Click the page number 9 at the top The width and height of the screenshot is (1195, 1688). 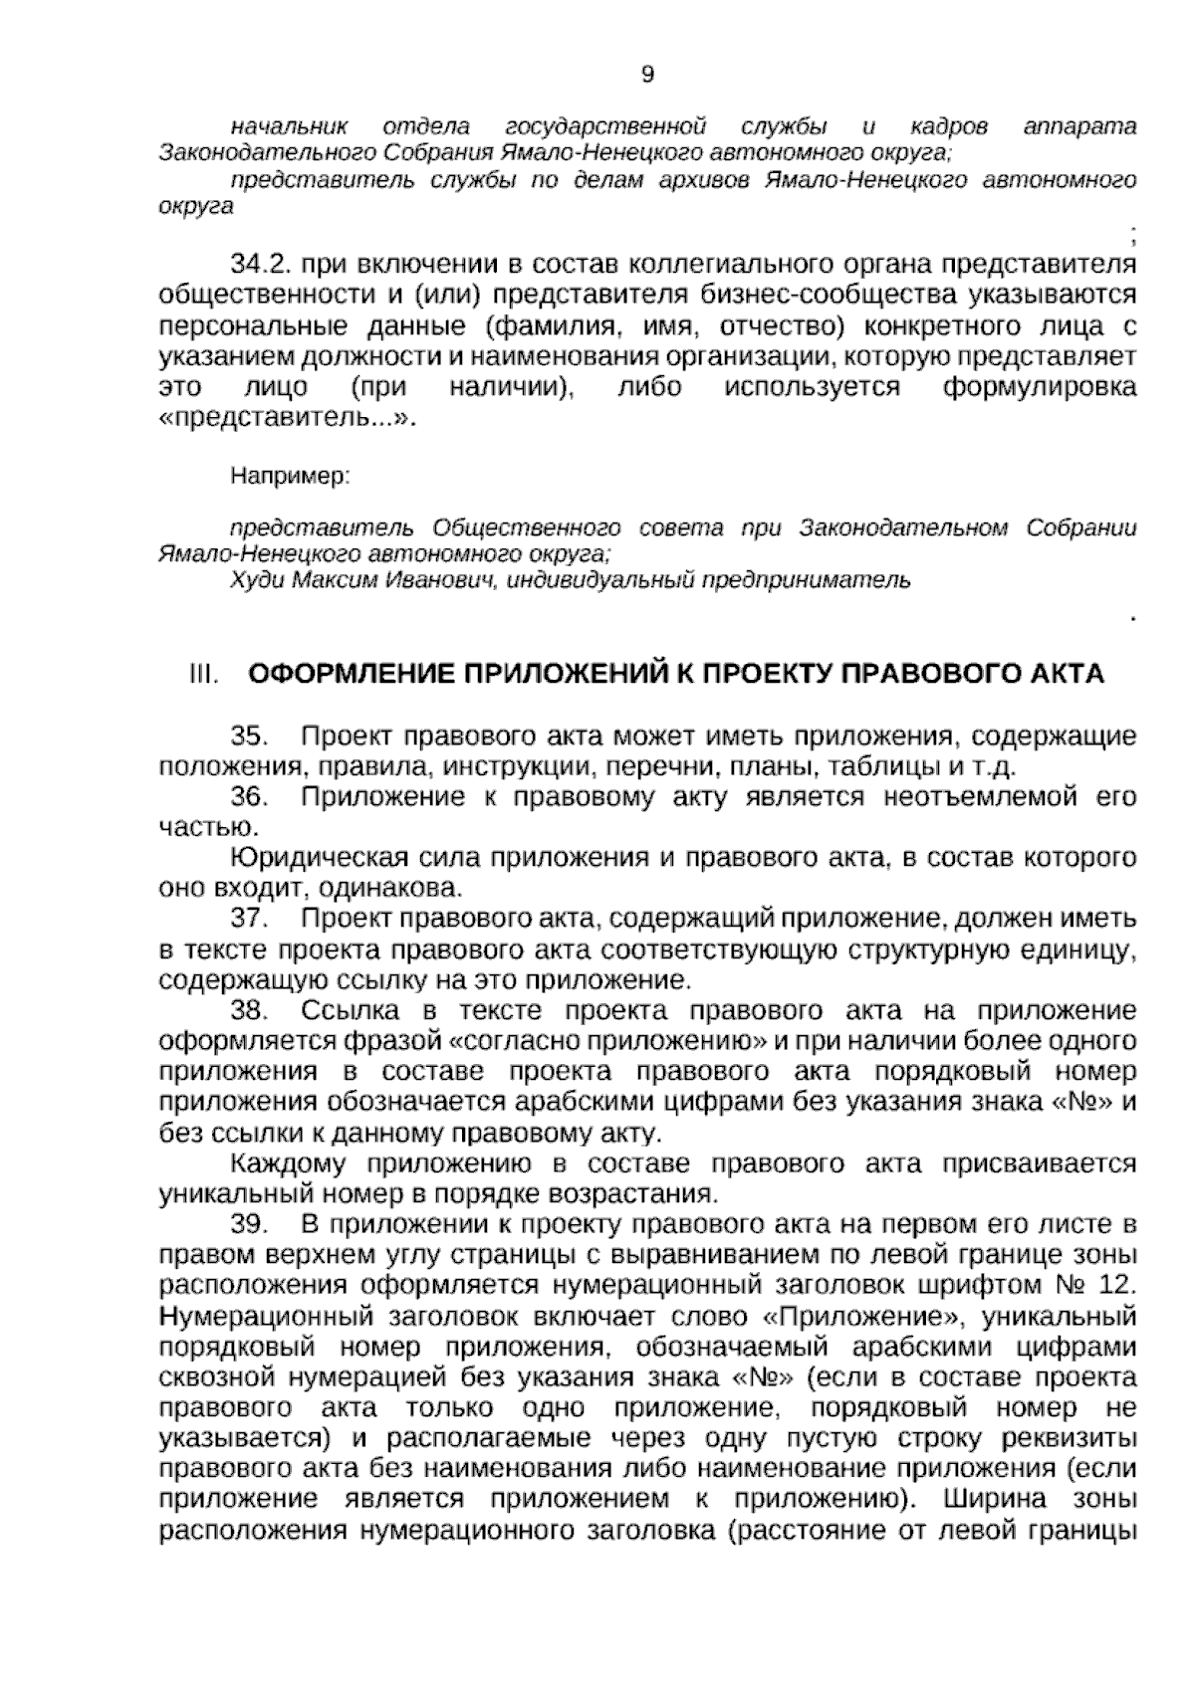[x=648, y=75]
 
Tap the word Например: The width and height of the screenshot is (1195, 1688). [x=290, y=477]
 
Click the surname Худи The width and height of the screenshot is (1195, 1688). [x=249, y=579]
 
